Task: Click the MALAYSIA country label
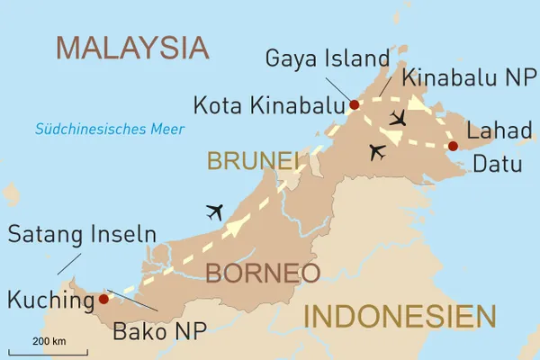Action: (132, 48)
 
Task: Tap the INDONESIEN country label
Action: (399, 317)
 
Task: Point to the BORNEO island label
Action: (262, 273)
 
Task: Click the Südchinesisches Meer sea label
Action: (110, 130)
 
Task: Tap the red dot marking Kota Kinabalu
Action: (355, 105)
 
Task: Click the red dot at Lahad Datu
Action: (453, 146)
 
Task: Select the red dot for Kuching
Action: (103, 299)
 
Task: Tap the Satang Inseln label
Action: (82, 237)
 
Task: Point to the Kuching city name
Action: (49, 300)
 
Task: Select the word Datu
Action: (498, 164)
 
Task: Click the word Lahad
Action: (502, 130)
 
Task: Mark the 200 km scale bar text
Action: (49, 341)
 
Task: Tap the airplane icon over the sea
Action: (213, 212)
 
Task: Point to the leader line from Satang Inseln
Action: (65, 264)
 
